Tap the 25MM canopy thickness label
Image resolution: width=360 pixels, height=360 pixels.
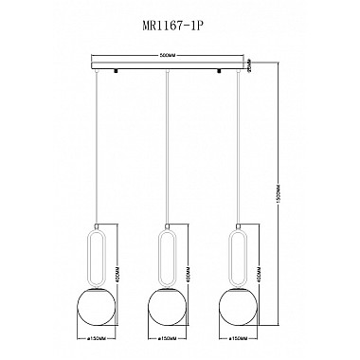(x=248, y=68)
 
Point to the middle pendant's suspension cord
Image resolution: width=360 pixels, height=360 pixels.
(x=167, y=152)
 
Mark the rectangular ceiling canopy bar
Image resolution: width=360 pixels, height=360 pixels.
(x=167, y=67)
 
